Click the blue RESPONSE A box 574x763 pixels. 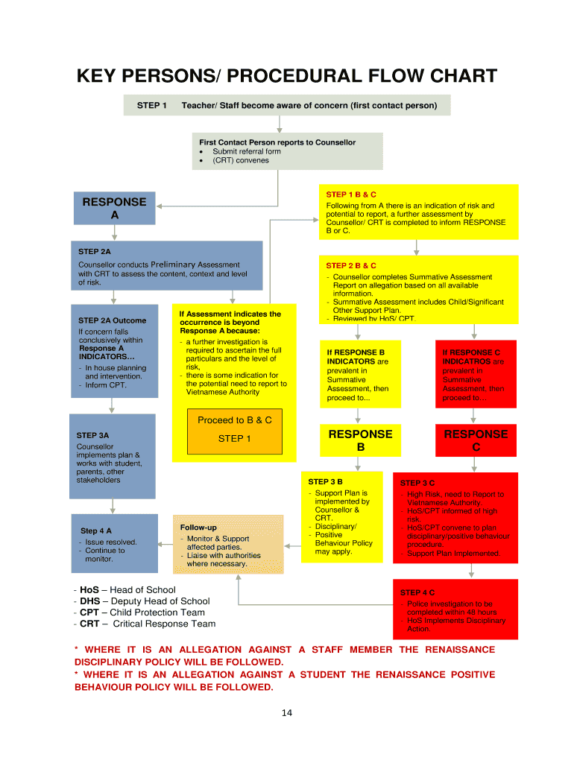pyautogui.click(x=114, y=209)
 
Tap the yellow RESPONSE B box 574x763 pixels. pyautogui.click(x=360, y=440)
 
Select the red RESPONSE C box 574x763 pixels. pyautogui.click(x=476, y=440)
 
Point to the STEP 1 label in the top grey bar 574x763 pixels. pyautogui.click(x=152, y=106)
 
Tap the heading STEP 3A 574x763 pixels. pyautogui.click(x=92, y=435)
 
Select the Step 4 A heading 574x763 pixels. pyautogui.click(x=96, y=531)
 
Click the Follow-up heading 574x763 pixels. pyautogui.click(x=198, y=528)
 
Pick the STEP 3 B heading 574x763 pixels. pyautogui.click(x=325, y=482)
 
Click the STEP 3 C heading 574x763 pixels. pyautogui.click(x=417, y=483)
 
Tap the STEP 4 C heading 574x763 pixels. pyautogui.click(x=417, y=592)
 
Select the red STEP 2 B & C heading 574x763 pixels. pyautogui.click(x=351, y=265)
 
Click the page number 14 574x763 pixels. pyautogui.click(x=286, y=713)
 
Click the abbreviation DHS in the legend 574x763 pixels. pyautogui.click(x=90, y=601)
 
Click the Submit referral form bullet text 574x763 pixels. pyautogui.click(x=247, y=151)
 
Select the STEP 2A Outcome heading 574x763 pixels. pyautogui.click(x=112, y=320)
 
